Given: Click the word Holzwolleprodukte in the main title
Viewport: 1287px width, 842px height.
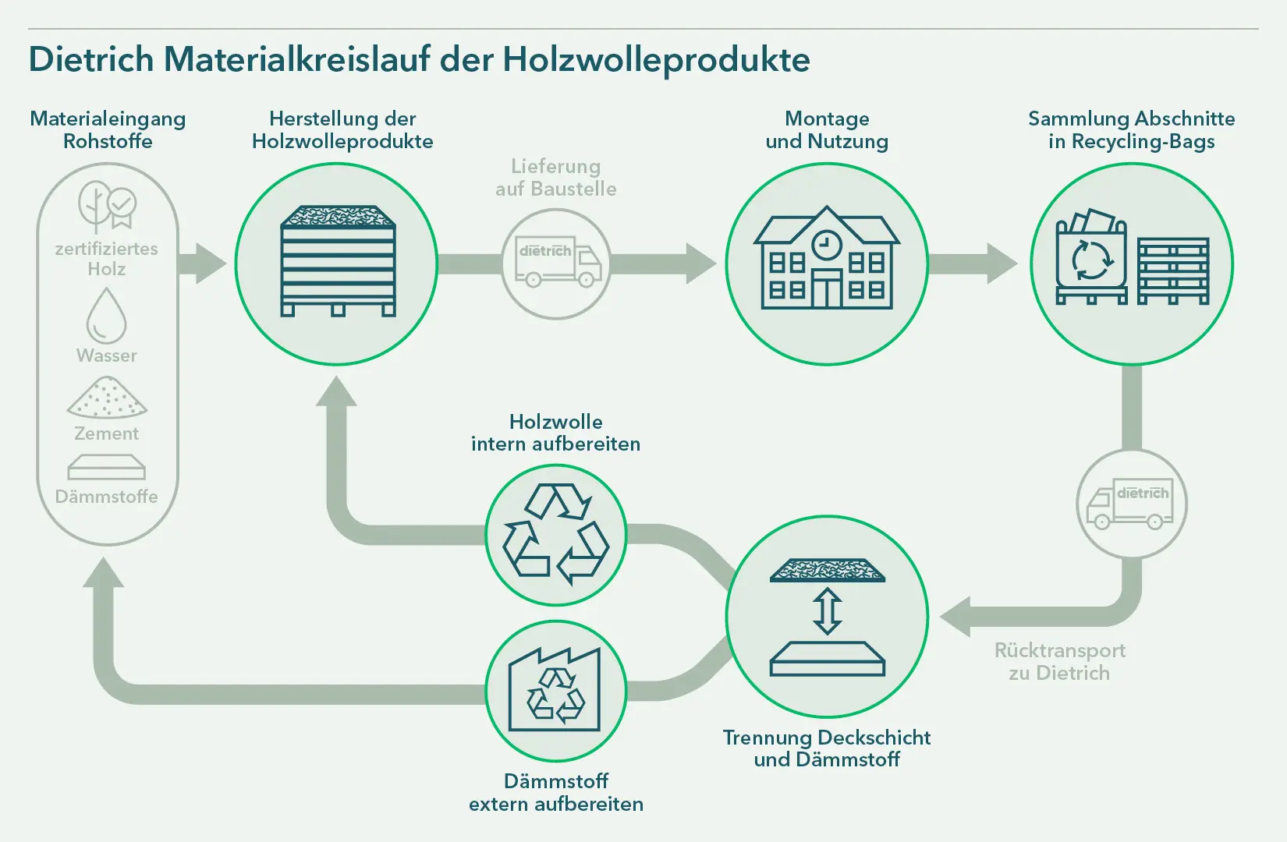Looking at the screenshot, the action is [656, 60].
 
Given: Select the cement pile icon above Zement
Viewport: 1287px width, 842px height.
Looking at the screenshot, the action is [107, 397].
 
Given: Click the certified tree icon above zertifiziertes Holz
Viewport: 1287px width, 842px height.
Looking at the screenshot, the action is [108, 206].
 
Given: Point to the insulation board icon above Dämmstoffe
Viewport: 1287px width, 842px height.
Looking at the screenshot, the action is [106, 467].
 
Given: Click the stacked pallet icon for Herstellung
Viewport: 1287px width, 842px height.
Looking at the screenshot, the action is [338, 260].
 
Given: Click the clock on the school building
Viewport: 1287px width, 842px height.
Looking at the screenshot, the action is [826, 244].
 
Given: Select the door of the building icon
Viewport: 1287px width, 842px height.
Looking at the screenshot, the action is [827, 289].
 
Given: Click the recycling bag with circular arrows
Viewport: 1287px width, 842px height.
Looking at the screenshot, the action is [1092, 256].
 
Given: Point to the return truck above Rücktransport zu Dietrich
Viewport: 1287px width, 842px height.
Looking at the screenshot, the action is [1131, 504].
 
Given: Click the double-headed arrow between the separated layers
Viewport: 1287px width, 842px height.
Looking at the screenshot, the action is [828, 611].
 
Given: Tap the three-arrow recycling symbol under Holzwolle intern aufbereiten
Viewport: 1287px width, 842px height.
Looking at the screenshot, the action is [555, 535].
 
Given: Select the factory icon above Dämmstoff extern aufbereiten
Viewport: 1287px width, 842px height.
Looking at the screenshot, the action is [555, 690].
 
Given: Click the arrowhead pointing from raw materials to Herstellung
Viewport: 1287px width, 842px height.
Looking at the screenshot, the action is [211, 264].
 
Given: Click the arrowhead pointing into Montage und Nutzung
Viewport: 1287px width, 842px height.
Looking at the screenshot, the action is [701, 264].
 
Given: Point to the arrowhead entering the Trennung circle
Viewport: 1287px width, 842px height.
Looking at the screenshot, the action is [955, 617].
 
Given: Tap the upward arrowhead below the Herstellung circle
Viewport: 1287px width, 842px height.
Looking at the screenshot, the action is [337, 391].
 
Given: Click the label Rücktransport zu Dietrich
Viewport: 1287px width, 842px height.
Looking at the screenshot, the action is [1060, 661].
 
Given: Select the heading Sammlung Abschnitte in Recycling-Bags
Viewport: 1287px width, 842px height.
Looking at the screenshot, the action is [1131, 129].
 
